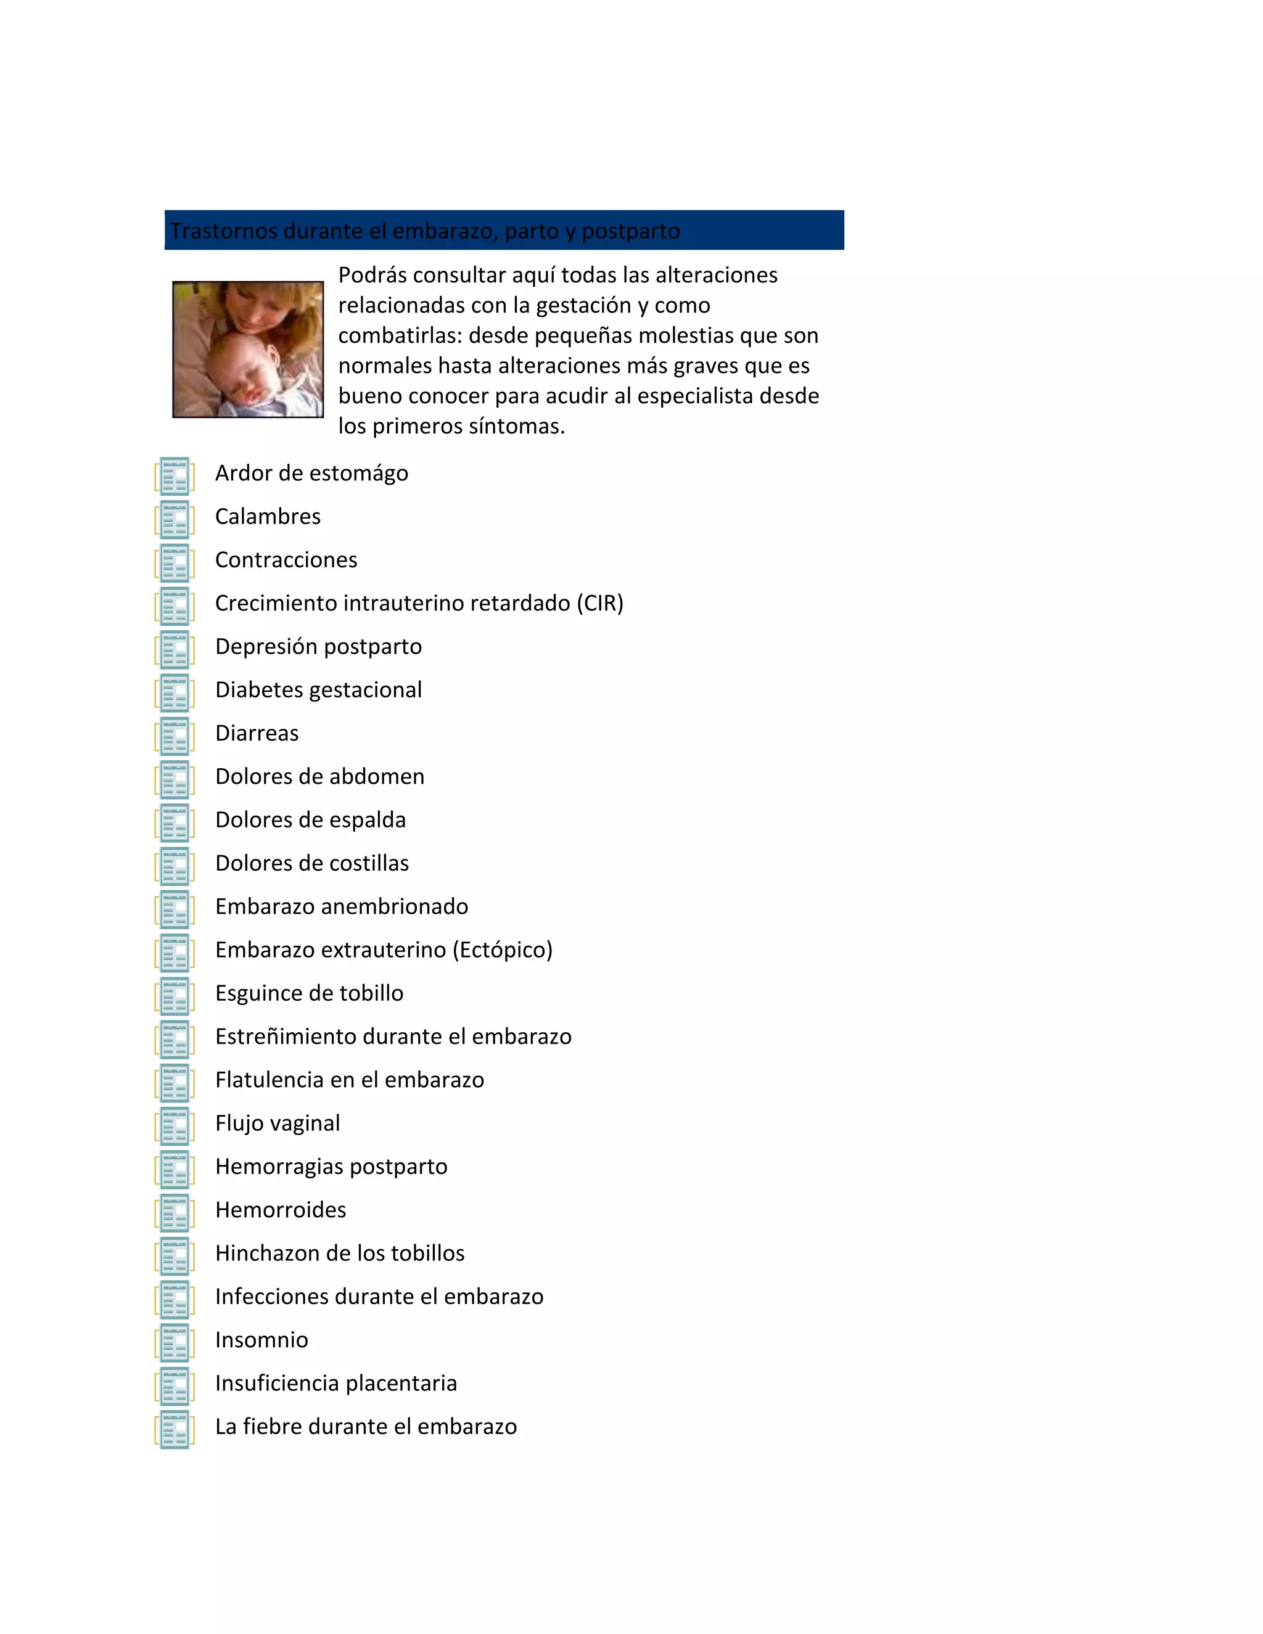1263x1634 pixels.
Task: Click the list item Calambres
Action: click(x=267, y=517)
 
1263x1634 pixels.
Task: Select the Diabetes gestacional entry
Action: click(x=318, y=690)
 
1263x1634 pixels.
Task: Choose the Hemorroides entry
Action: click(x=281, y=1210)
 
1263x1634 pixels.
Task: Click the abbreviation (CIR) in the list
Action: click(x=599, y=603)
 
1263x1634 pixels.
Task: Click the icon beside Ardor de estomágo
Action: click(x=175, y=476)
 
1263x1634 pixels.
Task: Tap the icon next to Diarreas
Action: click(x=175, y=736)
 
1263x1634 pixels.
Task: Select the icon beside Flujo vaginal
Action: click(x=175, y=1126)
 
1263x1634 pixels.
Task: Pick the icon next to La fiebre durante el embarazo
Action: click(x=175, y=1430)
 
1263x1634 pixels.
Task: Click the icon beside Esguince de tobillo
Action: click(x=175, y=996)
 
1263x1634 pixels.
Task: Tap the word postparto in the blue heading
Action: click(x=631, y=231)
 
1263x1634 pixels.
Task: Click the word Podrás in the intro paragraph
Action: click(x=372, y=276)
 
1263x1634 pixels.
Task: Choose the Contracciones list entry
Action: click(x=286, y=560)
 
